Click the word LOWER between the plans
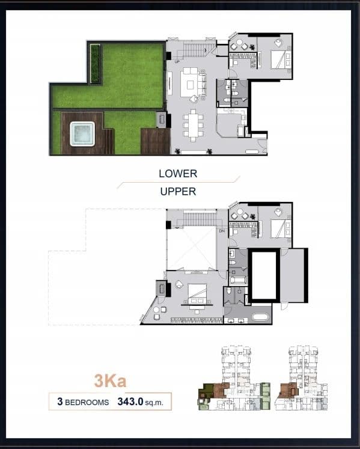pos(178,174)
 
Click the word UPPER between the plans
pos(178,191)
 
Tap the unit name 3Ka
pos(110,381)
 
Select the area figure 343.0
pos(130,402)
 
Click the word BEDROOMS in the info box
pos(87,402)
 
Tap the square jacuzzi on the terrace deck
pos(82,134)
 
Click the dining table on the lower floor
pos(193,126)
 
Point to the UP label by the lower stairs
pos(177,61)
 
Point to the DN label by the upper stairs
pos(222,231)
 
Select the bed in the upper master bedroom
pos(197,293)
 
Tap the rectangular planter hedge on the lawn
pos(95,63)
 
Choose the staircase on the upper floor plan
pos(198,218)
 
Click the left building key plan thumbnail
pos(234,378)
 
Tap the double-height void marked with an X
pos(191,248)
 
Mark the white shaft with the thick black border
pos(264,275)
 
